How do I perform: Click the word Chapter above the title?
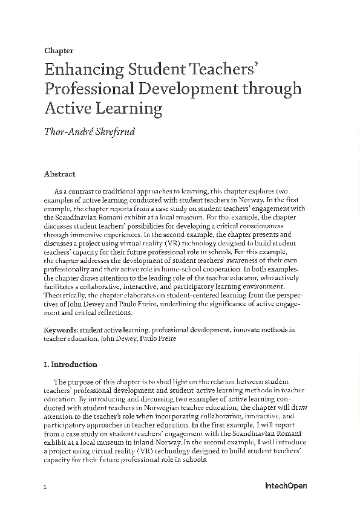[x=59, y=51]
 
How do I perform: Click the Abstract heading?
[x=60, y=174]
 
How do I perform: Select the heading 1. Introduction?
[x=71, y=365]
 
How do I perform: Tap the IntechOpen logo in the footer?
[x=286, y=485]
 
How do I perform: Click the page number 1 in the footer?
[x=45, y=486]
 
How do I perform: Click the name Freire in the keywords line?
[x=166, y=339]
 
